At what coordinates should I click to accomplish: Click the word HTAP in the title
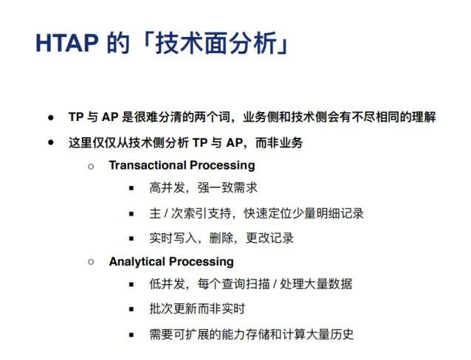(x=67, y=44)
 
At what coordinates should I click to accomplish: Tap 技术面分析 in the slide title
(x=216, y=44)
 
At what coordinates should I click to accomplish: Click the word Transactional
(x=148, y=165)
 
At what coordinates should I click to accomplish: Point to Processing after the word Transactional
(x=222, y=165)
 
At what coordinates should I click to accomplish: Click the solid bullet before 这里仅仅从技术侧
(x=51, y=142)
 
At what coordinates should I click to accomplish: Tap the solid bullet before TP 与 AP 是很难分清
(x=51, y=117)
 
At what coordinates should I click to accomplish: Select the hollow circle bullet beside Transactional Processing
(x=91, y=166)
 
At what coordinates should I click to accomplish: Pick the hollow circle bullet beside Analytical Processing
(x=91, y=262)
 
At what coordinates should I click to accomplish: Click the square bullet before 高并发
(x=131, y=189)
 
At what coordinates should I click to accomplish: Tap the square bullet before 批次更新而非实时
(x=131, y=309)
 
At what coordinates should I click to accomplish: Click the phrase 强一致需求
(x=227, y=188)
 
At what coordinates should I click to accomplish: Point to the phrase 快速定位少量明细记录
(x=303, y=213)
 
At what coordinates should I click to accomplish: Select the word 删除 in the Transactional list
(x=221, y=238)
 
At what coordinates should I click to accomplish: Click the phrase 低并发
(x=168, y=284)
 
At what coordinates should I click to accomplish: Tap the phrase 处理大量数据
(x=316, y=284)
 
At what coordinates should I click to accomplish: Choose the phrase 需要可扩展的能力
(x=197, y=334)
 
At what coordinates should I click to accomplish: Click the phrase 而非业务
(x=279, y=142)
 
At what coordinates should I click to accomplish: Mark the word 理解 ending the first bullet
(x=424, y=117)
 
